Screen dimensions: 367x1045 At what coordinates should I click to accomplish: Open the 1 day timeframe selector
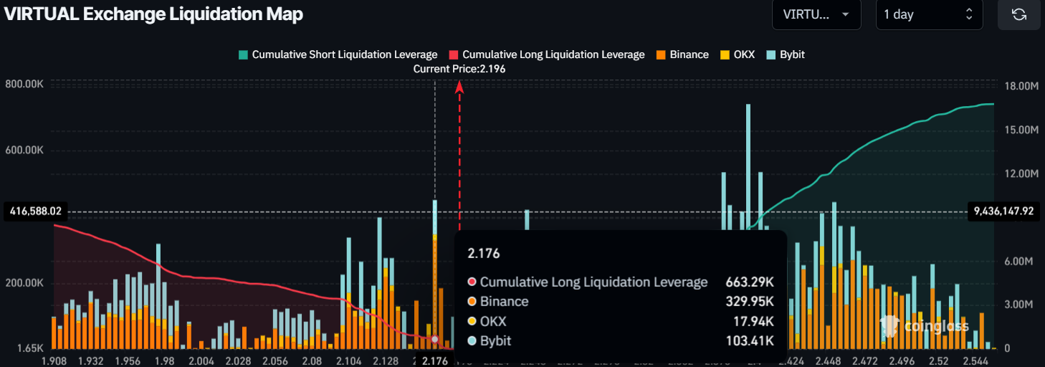[x=929, y=14]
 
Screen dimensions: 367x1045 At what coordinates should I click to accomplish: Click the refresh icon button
[x=1018, y=14]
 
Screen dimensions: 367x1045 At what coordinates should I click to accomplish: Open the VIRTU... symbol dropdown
[x=816, y=14]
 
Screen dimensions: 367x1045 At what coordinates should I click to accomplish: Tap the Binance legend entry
[x=682, y=54]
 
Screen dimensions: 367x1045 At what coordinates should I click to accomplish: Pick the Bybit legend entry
[x=786, y=54]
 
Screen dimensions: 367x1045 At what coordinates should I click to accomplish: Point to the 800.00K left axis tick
[x=24, y=85]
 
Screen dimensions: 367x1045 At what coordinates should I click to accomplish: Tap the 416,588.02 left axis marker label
[x=34, y=211]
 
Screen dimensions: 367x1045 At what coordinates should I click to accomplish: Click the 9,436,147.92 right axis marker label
[x=1003, y=211]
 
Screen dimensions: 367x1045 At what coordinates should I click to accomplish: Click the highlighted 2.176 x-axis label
[x=435, y=361]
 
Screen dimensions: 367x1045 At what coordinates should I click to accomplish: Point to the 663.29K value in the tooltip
[x=749, y=282]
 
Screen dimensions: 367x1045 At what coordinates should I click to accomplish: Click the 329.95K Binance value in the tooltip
[x=749, y=302]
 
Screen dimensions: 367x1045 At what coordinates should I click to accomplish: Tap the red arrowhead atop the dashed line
[x=460, y=87]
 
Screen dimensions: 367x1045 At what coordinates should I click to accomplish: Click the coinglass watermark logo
[x=925, y=326]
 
